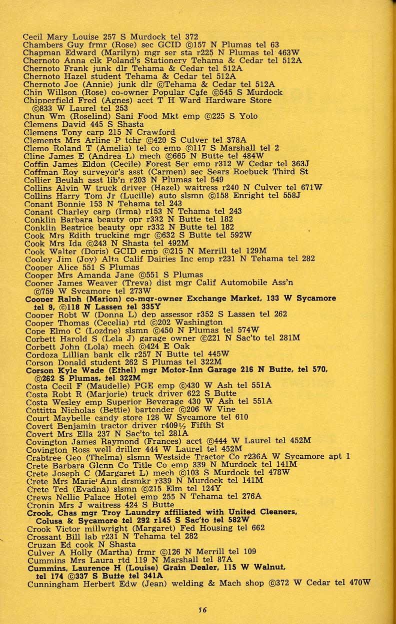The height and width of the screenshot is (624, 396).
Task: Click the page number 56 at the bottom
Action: click(x=202, y=609)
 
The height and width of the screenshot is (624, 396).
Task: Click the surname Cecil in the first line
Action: click(x=33, y=36)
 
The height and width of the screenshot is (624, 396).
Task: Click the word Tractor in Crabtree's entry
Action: click(x=213, y=456)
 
